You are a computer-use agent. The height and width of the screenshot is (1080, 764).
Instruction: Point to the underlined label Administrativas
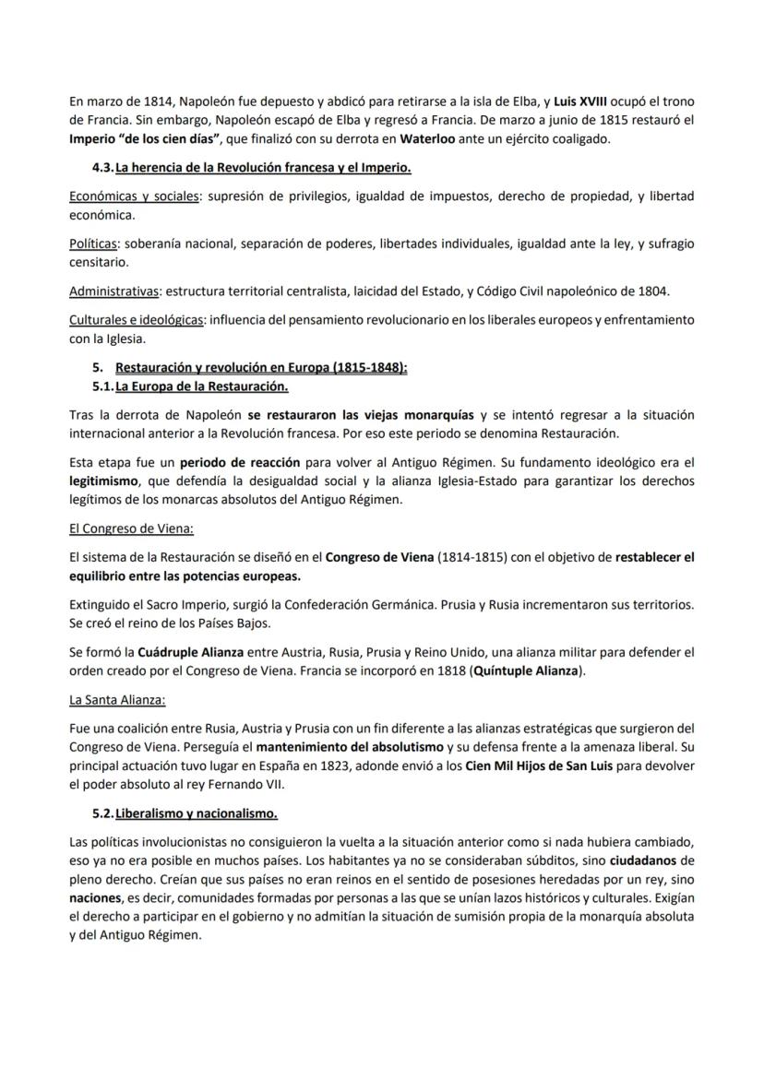(x=113, y=291)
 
